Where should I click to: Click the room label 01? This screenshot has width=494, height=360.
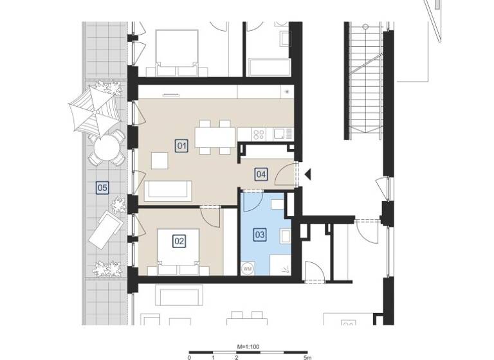182,147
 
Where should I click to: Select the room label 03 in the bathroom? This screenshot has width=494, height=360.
260,235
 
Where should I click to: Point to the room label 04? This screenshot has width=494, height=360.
261,174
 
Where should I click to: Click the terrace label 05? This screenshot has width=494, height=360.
102,188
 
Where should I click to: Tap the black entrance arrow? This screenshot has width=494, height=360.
308,174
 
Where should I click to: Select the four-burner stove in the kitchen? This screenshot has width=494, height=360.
259,134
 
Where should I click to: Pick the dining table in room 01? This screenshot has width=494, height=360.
215,136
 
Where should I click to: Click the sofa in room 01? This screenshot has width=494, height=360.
168,190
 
